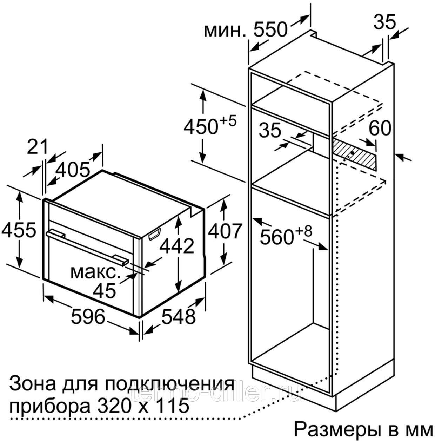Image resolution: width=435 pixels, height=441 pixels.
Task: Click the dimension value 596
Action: coord(88,316)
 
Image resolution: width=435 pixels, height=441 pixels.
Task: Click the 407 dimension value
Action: coord(225,231)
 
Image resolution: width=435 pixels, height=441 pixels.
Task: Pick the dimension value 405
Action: coord(73,171)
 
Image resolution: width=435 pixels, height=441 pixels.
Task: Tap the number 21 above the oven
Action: coord(38,147)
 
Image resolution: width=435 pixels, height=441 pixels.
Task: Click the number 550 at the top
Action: coord(270,30)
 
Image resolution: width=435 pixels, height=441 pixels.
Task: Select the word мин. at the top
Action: coord(225,32)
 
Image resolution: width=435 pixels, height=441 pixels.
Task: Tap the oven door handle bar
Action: coord(86,246)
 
